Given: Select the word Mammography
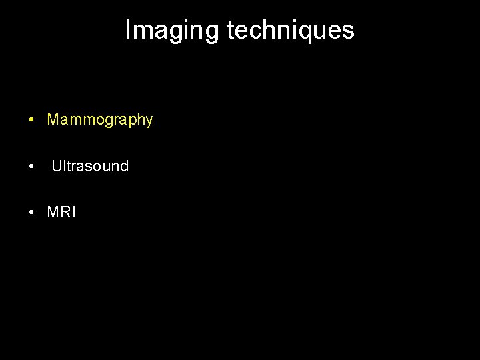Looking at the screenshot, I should coord(100,120).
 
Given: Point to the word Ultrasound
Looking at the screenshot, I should coord(90,166).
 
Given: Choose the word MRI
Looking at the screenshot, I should coord(61,213).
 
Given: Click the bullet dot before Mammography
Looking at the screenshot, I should coord(31,121).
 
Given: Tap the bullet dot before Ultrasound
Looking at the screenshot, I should coord(31,167).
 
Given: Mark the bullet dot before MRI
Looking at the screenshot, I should coord(31,213).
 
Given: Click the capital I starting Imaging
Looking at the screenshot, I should coord(128,30).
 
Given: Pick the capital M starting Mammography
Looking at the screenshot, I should coord(53,120).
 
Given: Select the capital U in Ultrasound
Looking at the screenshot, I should coord(57,166).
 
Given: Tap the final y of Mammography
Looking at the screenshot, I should coord(149,122).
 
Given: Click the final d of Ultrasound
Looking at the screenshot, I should coord(124,166).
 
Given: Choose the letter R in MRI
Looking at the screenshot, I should coord(65,213).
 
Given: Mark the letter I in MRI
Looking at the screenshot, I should coord(73,213).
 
